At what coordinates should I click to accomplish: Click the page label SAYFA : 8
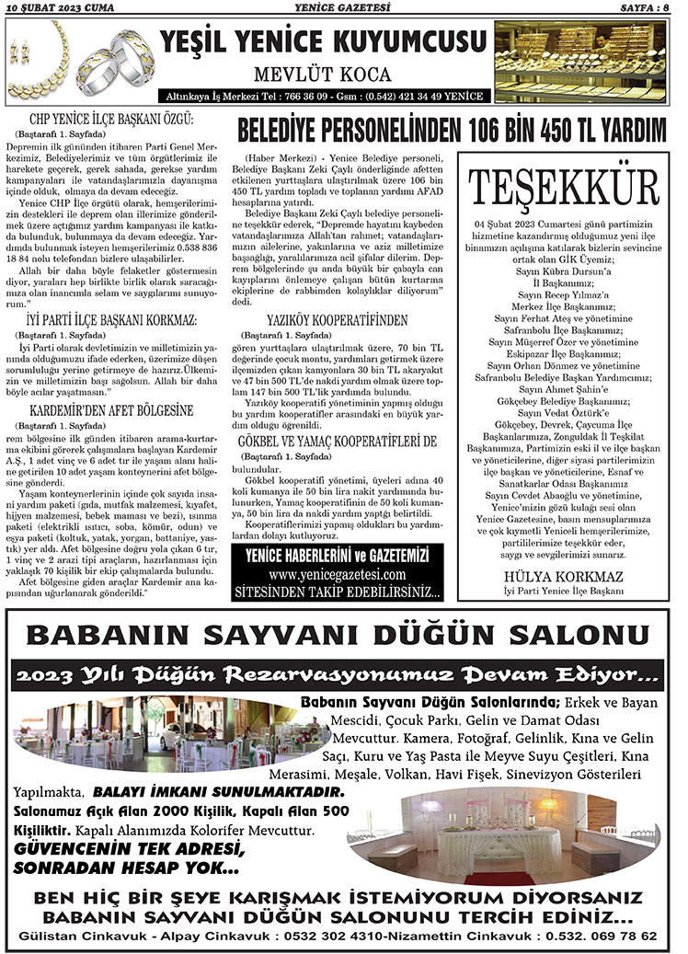[645, 7]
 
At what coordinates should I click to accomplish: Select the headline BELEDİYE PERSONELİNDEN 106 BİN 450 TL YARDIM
[451, 127]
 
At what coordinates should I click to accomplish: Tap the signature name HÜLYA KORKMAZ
[564, 577]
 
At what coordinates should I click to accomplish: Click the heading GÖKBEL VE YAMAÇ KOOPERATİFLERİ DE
[336, 441]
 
